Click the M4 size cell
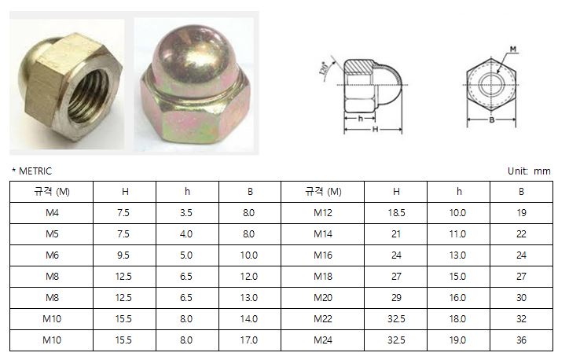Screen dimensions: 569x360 52,213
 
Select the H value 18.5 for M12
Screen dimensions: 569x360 396,213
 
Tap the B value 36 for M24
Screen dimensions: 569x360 522,340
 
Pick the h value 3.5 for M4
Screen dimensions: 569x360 186,213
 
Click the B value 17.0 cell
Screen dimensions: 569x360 249,340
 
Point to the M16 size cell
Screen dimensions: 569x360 323,255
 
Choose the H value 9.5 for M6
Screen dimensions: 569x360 123,255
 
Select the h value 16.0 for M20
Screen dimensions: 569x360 457,298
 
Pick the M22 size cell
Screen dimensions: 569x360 323,319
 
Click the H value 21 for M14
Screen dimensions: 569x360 396,234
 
